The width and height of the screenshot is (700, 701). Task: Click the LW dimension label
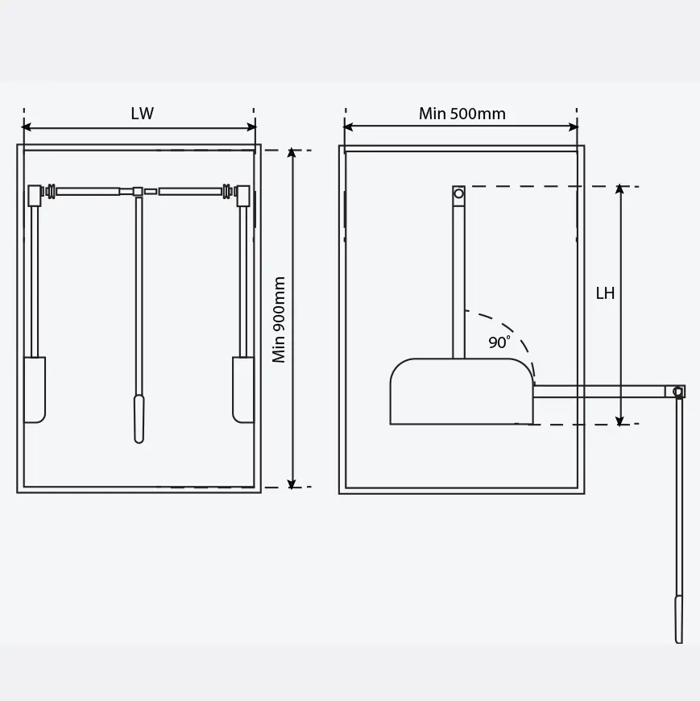click(x=142, y=114)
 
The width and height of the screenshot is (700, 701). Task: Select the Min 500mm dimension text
click(x=462, y=114)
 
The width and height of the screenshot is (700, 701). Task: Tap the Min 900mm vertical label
click(x=280, y=319)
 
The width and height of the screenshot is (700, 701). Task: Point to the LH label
click(x=605, y=293)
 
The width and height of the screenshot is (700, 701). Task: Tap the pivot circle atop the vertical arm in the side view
click(x=458, y=193)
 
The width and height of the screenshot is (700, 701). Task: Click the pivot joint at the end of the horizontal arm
click(x=678, y=392)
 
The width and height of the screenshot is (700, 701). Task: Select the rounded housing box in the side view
click(x=461, y=392)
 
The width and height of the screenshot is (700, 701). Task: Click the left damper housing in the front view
click(x=35, y=389)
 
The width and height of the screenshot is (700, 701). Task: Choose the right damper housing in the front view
click(x=242, y=389)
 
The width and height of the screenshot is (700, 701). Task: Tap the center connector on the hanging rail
click(x=139, y=192)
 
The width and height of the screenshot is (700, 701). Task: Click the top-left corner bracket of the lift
click(x=35, y=194)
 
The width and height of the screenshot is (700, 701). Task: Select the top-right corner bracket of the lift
click(x=242, y=194)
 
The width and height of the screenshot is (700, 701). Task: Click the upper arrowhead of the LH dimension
click(x=619, y=189)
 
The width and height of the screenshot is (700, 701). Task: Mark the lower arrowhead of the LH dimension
click(x=619, y=421)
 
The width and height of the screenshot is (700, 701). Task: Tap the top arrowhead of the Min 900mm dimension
click(x=292, y=153)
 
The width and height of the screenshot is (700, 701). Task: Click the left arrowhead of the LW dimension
click(x=27, y=127)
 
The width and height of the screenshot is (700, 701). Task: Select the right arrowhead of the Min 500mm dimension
click(x=574, y=127)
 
